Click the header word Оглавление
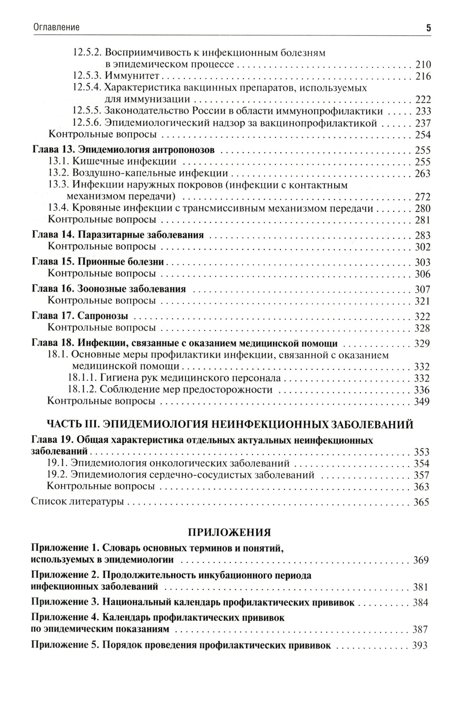coord(56,28)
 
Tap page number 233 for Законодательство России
coord(422,111)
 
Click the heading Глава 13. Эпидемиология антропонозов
coord(123,150)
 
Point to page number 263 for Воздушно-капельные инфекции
coord(422,174)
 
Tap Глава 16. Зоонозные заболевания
coord(109,289)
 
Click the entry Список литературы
coord(77,502)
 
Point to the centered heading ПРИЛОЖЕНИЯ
coord(230,532)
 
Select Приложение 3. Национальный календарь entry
coord(192,602)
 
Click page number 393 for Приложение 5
coord(420,646)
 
